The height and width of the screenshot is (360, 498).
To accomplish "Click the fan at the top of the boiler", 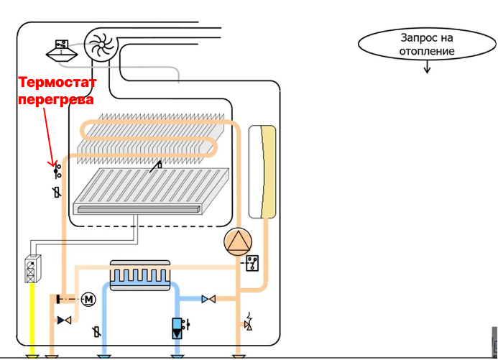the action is (101, 45).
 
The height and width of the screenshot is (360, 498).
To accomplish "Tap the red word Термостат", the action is (57, 82).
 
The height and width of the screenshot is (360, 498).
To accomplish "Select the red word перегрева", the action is (56, 99).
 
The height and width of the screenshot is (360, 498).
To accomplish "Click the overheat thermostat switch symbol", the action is (57, 171).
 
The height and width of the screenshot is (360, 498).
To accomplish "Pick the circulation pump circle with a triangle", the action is (238, 242).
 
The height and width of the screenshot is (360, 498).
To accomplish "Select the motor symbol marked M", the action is (88, 300).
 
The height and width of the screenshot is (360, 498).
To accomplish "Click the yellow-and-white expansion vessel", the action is (262, 172).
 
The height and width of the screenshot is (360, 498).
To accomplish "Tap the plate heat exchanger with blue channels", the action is (140, 275).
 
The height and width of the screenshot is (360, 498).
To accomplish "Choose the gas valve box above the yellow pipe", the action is (33, 269).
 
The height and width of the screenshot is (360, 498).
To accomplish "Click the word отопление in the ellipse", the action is (427, 51).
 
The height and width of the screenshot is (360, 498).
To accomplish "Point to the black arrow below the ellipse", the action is (427, 67).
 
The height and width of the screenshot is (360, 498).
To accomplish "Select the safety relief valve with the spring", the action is (249, 322).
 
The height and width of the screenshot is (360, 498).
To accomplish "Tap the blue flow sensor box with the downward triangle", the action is (177, 328).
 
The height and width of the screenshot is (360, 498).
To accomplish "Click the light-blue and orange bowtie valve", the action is (208, 299).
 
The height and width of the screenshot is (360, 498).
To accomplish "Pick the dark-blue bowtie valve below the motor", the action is (64, 320).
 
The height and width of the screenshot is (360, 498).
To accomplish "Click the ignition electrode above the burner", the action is (156, 167).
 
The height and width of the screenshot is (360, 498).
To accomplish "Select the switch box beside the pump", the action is (252, 263).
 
